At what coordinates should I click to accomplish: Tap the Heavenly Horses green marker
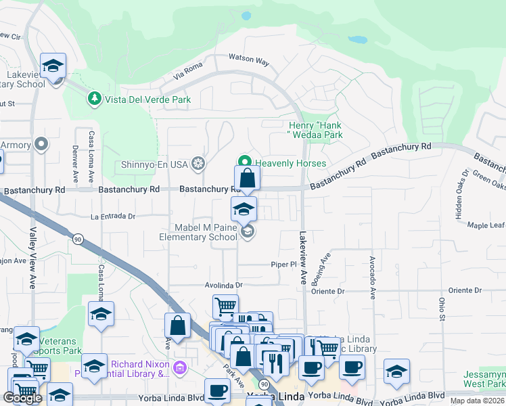pos(244,162)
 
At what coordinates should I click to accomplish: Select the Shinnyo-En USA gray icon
pos(198,163)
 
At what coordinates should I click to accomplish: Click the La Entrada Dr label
pos(114,217)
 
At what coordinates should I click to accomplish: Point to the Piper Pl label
pos(284,265)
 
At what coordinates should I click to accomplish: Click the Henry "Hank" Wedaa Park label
pos(316,130)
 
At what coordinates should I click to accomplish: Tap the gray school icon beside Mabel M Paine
pos(248,232)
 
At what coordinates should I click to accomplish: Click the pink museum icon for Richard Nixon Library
pos(179,368)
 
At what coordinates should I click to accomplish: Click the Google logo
pos(22,398)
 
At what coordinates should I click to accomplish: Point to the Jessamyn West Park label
pos(484,379)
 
